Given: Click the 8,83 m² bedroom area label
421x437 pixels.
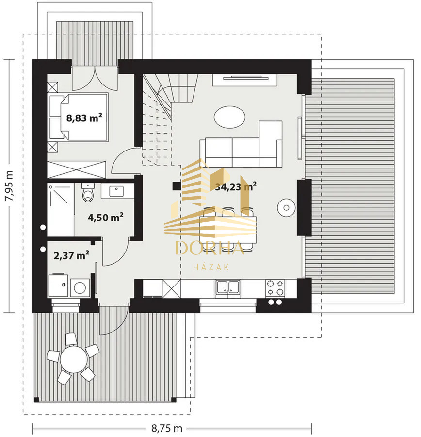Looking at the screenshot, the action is point(84,118).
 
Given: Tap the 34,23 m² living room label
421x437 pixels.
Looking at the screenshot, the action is point(236,186).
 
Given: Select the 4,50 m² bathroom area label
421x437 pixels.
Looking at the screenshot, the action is point(106,217).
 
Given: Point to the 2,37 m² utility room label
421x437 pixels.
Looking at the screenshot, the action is point(71,255).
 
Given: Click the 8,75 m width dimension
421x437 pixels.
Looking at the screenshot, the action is point(167,428).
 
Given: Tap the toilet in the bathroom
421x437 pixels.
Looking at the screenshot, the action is point(88,192).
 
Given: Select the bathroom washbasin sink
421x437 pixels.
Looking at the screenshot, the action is point(116,191).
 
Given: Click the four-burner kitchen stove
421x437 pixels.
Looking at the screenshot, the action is point(275,287).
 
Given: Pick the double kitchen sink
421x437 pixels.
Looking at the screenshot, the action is point(228,288).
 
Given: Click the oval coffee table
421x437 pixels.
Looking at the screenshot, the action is point(230,117).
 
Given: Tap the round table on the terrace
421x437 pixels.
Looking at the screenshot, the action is point(74,359).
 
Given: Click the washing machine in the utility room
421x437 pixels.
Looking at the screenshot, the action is point(80,287).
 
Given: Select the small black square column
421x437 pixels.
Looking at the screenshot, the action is point(177,186).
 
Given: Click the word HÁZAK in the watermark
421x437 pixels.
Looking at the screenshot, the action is point(211,267).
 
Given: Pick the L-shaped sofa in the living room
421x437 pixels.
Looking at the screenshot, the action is point(241,144).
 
